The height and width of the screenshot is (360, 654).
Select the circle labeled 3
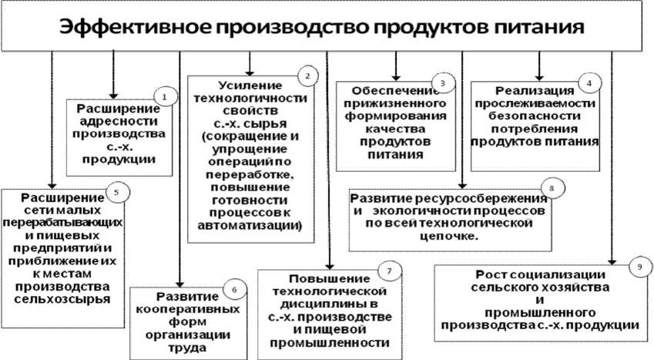pos(442,82)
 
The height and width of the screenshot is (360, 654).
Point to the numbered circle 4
pos(589,81)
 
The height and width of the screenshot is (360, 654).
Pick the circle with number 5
pos(116,192)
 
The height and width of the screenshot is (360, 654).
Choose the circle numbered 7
pos(391,271)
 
